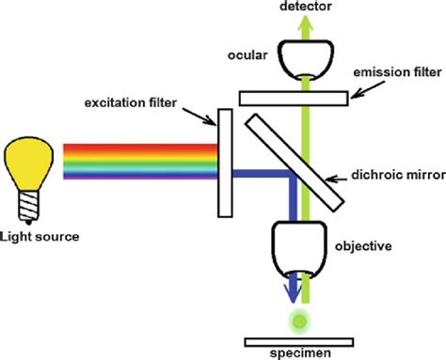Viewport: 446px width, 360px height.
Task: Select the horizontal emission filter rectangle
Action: click(295, 97)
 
